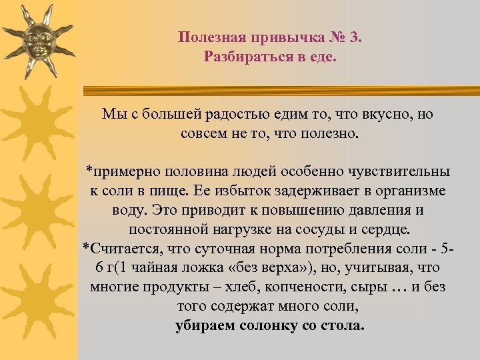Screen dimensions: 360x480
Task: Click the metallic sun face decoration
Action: click(x=37, y=40)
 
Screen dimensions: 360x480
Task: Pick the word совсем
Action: click(x=201, y=133)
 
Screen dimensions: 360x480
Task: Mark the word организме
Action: click(x=409, y=191)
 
